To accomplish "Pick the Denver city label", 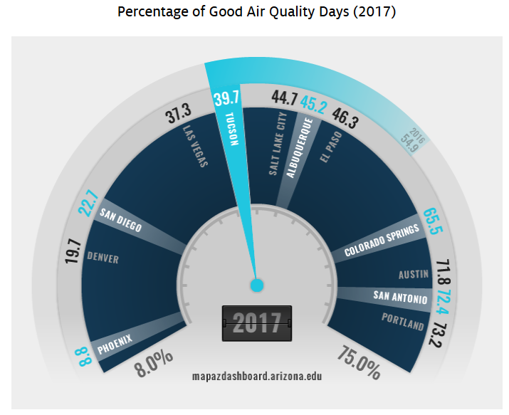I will (103, 257).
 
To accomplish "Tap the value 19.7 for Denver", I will (72, 251).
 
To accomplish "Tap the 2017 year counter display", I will (257, 323).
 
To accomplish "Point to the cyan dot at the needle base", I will (257, 285).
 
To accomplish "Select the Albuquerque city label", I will (302, 147).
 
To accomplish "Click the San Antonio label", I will (401, 297).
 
